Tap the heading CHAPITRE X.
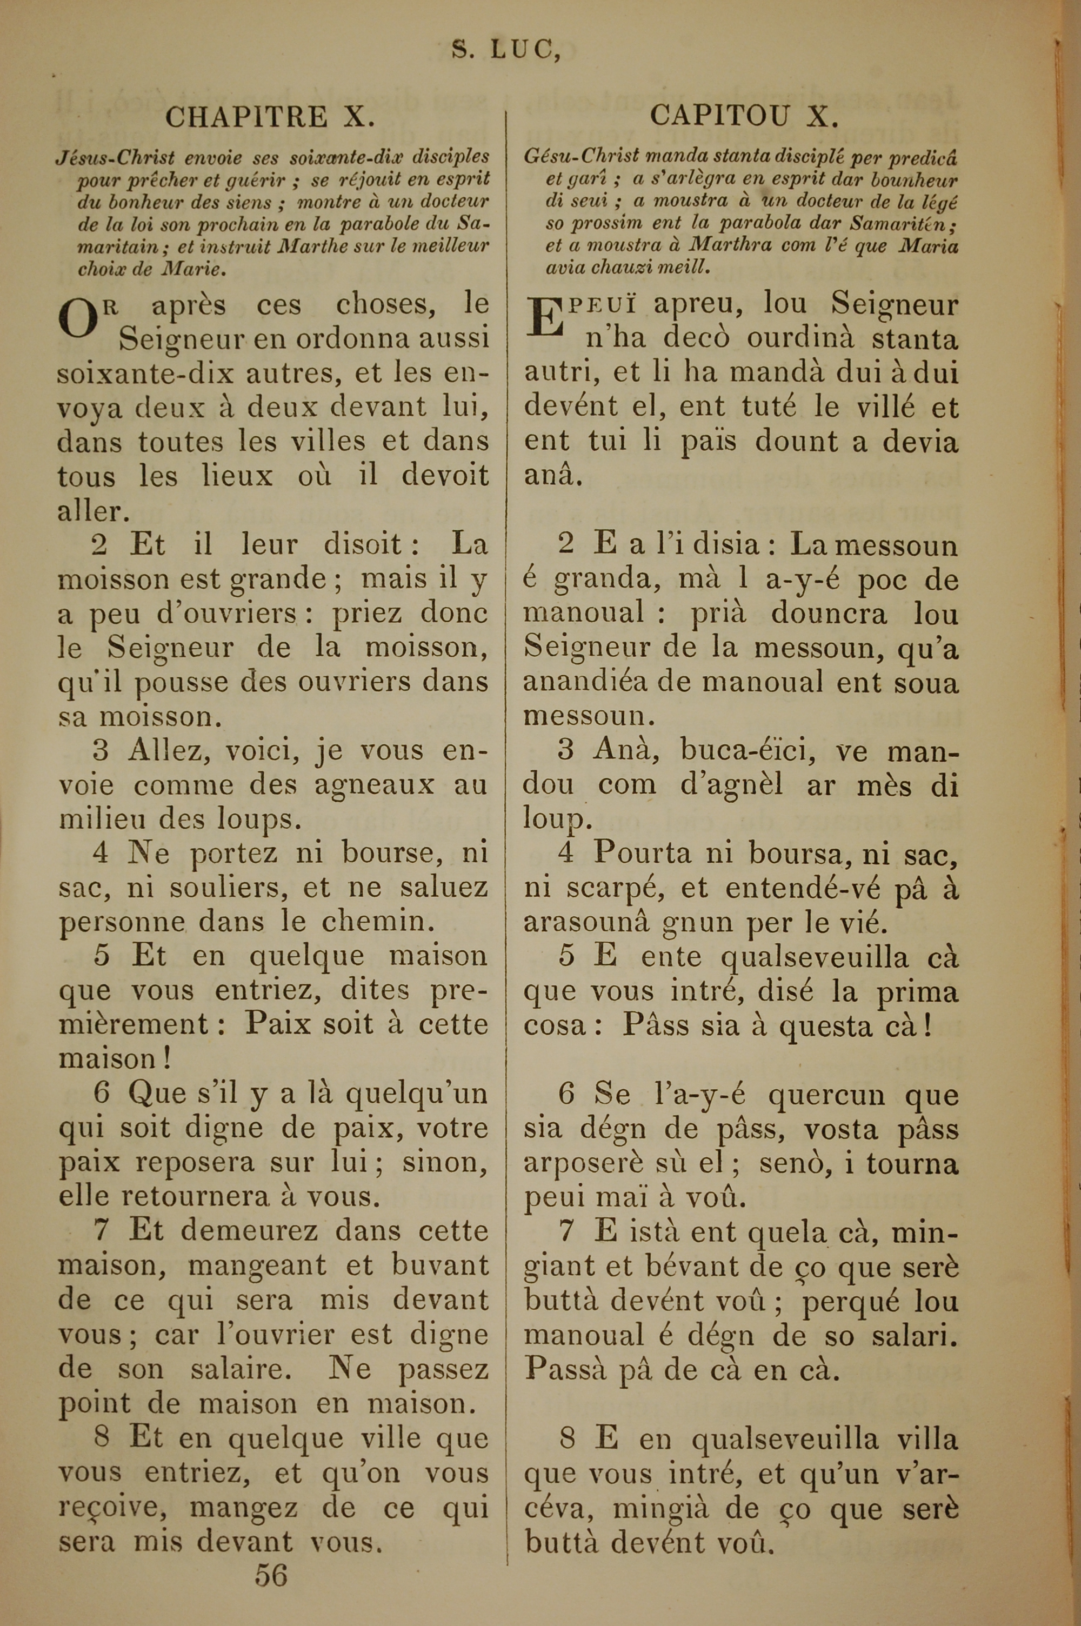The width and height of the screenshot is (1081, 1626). point(270,117)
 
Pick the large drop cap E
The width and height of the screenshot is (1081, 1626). point(544,317)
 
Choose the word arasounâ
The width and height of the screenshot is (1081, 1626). point(583,922)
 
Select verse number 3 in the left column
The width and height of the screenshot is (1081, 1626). point(101,751)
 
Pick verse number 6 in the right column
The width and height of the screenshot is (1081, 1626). point(566,1095)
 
